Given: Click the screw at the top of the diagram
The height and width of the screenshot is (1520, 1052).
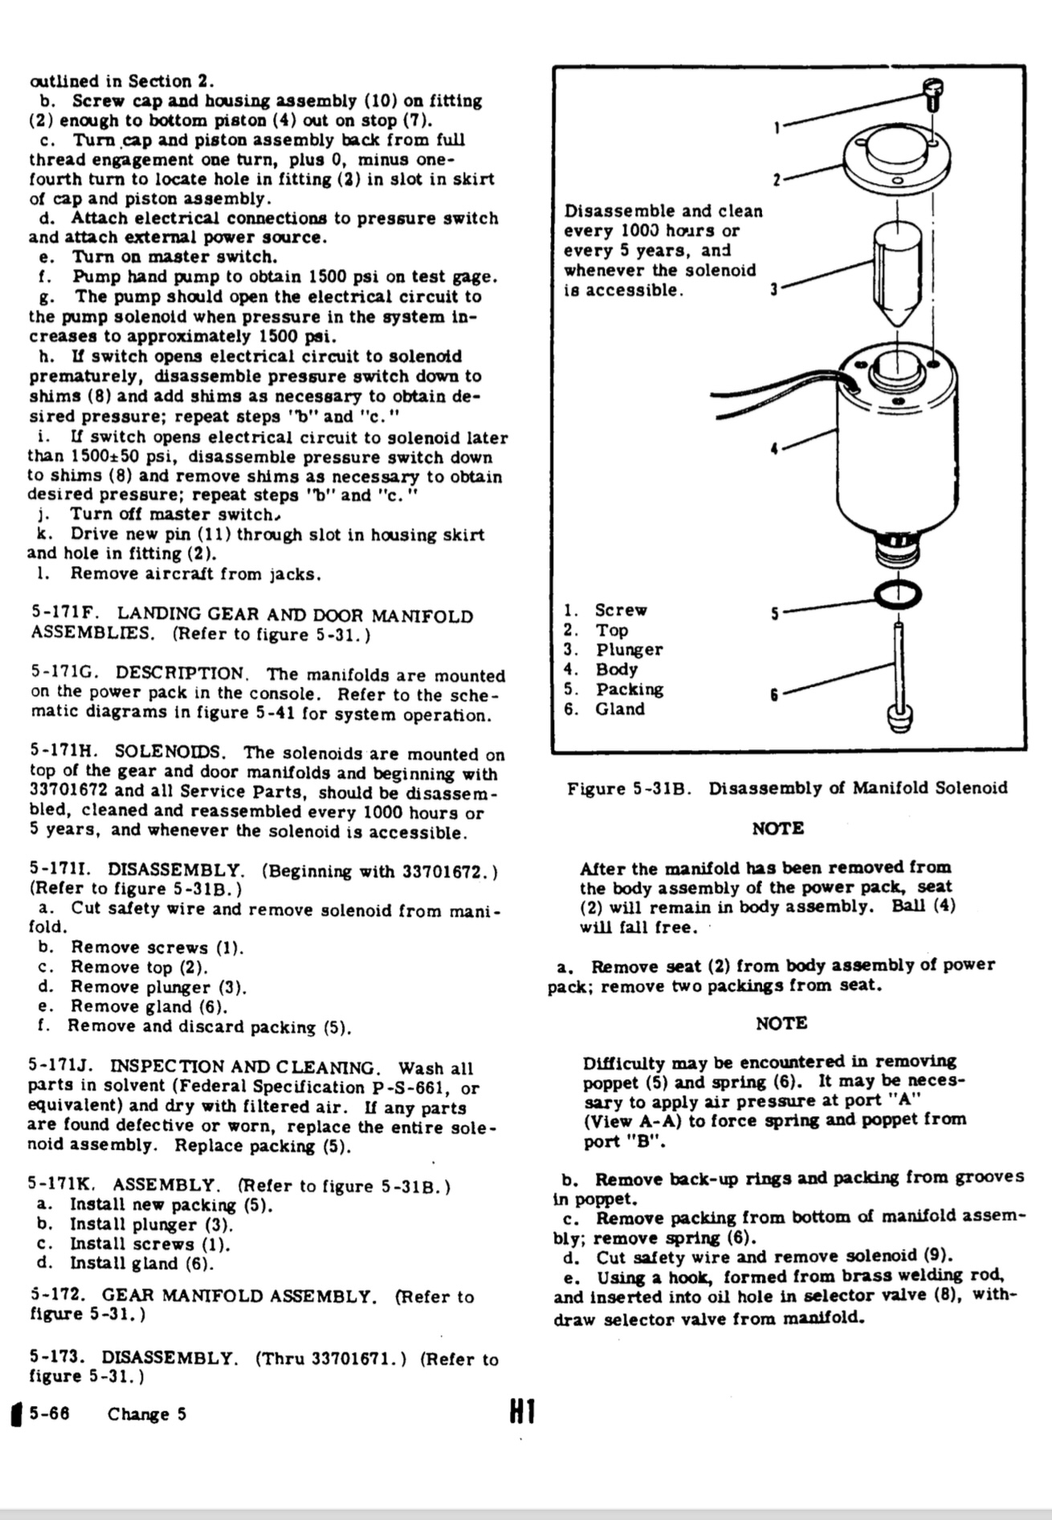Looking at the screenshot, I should pyautogui.click(x=933, y=96).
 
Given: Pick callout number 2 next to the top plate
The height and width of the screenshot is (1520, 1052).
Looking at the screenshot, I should pyautogui.click(x=777, y=180).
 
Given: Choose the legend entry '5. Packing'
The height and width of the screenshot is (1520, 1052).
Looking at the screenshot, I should pyautogui.click(x=614, y=689).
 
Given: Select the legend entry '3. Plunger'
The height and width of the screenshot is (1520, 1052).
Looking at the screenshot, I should pyautogui.click(x=613, y=650).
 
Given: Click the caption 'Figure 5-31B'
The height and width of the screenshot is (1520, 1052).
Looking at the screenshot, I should pyautogui.click(x=629, y=788).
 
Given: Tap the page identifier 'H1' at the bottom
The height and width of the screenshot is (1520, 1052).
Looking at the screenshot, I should pyautogui.click(x=521, y=1412).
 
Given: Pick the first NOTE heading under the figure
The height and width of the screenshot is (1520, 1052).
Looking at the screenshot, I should pyautogui.click(x=777, y=828).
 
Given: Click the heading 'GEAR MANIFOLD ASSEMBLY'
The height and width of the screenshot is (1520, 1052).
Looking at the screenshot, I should pyautogui.click(x=239, y=1296).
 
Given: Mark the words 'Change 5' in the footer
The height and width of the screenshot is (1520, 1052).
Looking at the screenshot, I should pyautogui.click(x=147, y=1414).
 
